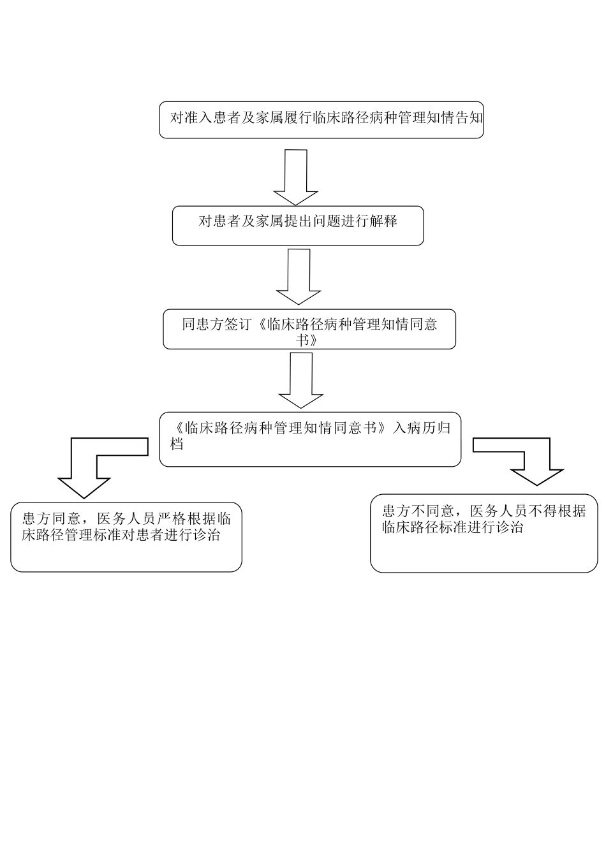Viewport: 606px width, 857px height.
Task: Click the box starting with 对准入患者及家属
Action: pos(321,119)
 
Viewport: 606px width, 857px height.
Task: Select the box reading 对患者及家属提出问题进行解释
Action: pos(298,225)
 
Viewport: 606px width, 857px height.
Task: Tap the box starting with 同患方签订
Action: pos(309,329)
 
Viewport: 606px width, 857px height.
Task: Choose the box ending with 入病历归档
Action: pos(310,439)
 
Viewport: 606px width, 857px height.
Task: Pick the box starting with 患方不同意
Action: pos(484,533)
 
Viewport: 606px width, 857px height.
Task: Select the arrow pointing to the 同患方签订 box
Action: pos(299,276)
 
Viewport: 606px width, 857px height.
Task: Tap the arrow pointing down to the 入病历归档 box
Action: pos(301,380)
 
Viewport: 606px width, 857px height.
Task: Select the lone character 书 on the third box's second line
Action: pos(302,341)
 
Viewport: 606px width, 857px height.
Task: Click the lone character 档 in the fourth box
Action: pos(177,444)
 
